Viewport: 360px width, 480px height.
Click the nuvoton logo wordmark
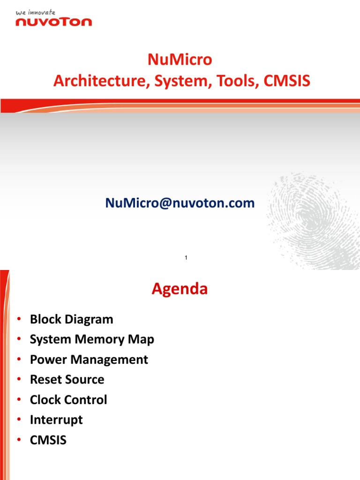54,22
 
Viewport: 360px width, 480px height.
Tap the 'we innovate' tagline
36,13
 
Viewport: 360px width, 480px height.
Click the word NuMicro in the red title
180,60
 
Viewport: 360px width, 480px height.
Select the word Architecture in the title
97,81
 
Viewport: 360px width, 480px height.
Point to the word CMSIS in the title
287,81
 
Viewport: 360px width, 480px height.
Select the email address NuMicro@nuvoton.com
180,203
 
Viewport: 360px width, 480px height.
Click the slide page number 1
186,258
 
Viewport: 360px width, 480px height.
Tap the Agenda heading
180,289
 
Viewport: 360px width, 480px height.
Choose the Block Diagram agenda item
71,319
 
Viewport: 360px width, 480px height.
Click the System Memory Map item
92,339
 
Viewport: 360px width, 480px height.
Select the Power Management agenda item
89,360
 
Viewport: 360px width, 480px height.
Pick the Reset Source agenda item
67,380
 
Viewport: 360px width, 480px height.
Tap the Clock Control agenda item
68,400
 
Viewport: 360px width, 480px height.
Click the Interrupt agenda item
56,420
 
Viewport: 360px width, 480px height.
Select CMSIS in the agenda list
48,440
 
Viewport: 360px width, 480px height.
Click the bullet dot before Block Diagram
19,319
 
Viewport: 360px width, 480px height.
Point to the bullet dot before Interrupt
19,420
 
